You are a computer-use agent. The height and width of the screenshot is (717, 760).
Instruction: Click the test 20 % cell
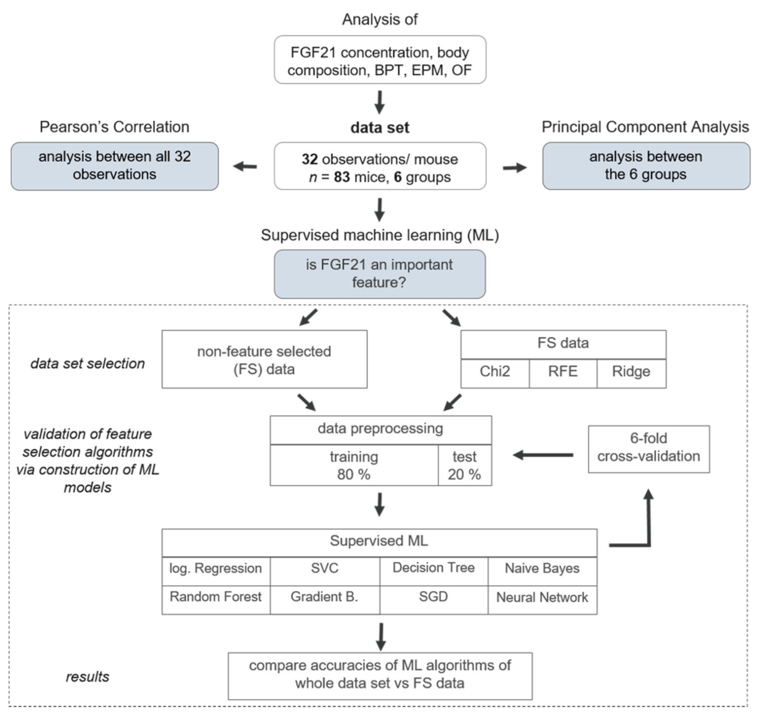tap(464, 466)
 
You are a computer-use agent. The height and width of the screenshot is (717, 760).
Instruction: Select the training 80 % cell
tap(354, 466)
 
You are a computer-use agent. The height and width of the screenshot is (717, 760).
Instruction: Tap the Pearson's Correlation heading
tap(114, 127)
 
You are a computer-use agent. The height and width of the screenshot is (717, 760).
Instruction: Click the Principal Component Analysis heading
tap(645, 127)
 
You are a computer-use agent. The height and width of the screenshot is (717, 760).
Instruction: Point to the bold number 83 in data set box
tap(342, 177)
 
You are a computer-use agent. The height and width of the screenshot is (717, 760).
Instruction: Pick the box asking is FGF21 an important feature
tap(379, 274)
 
